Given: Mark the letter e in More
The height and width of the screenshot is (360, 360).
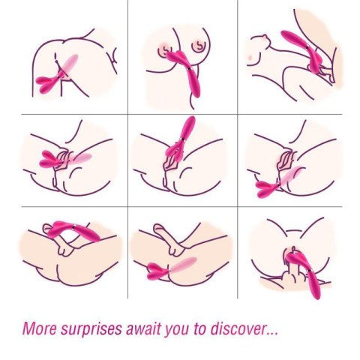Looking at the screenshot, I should pos(52,329).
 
